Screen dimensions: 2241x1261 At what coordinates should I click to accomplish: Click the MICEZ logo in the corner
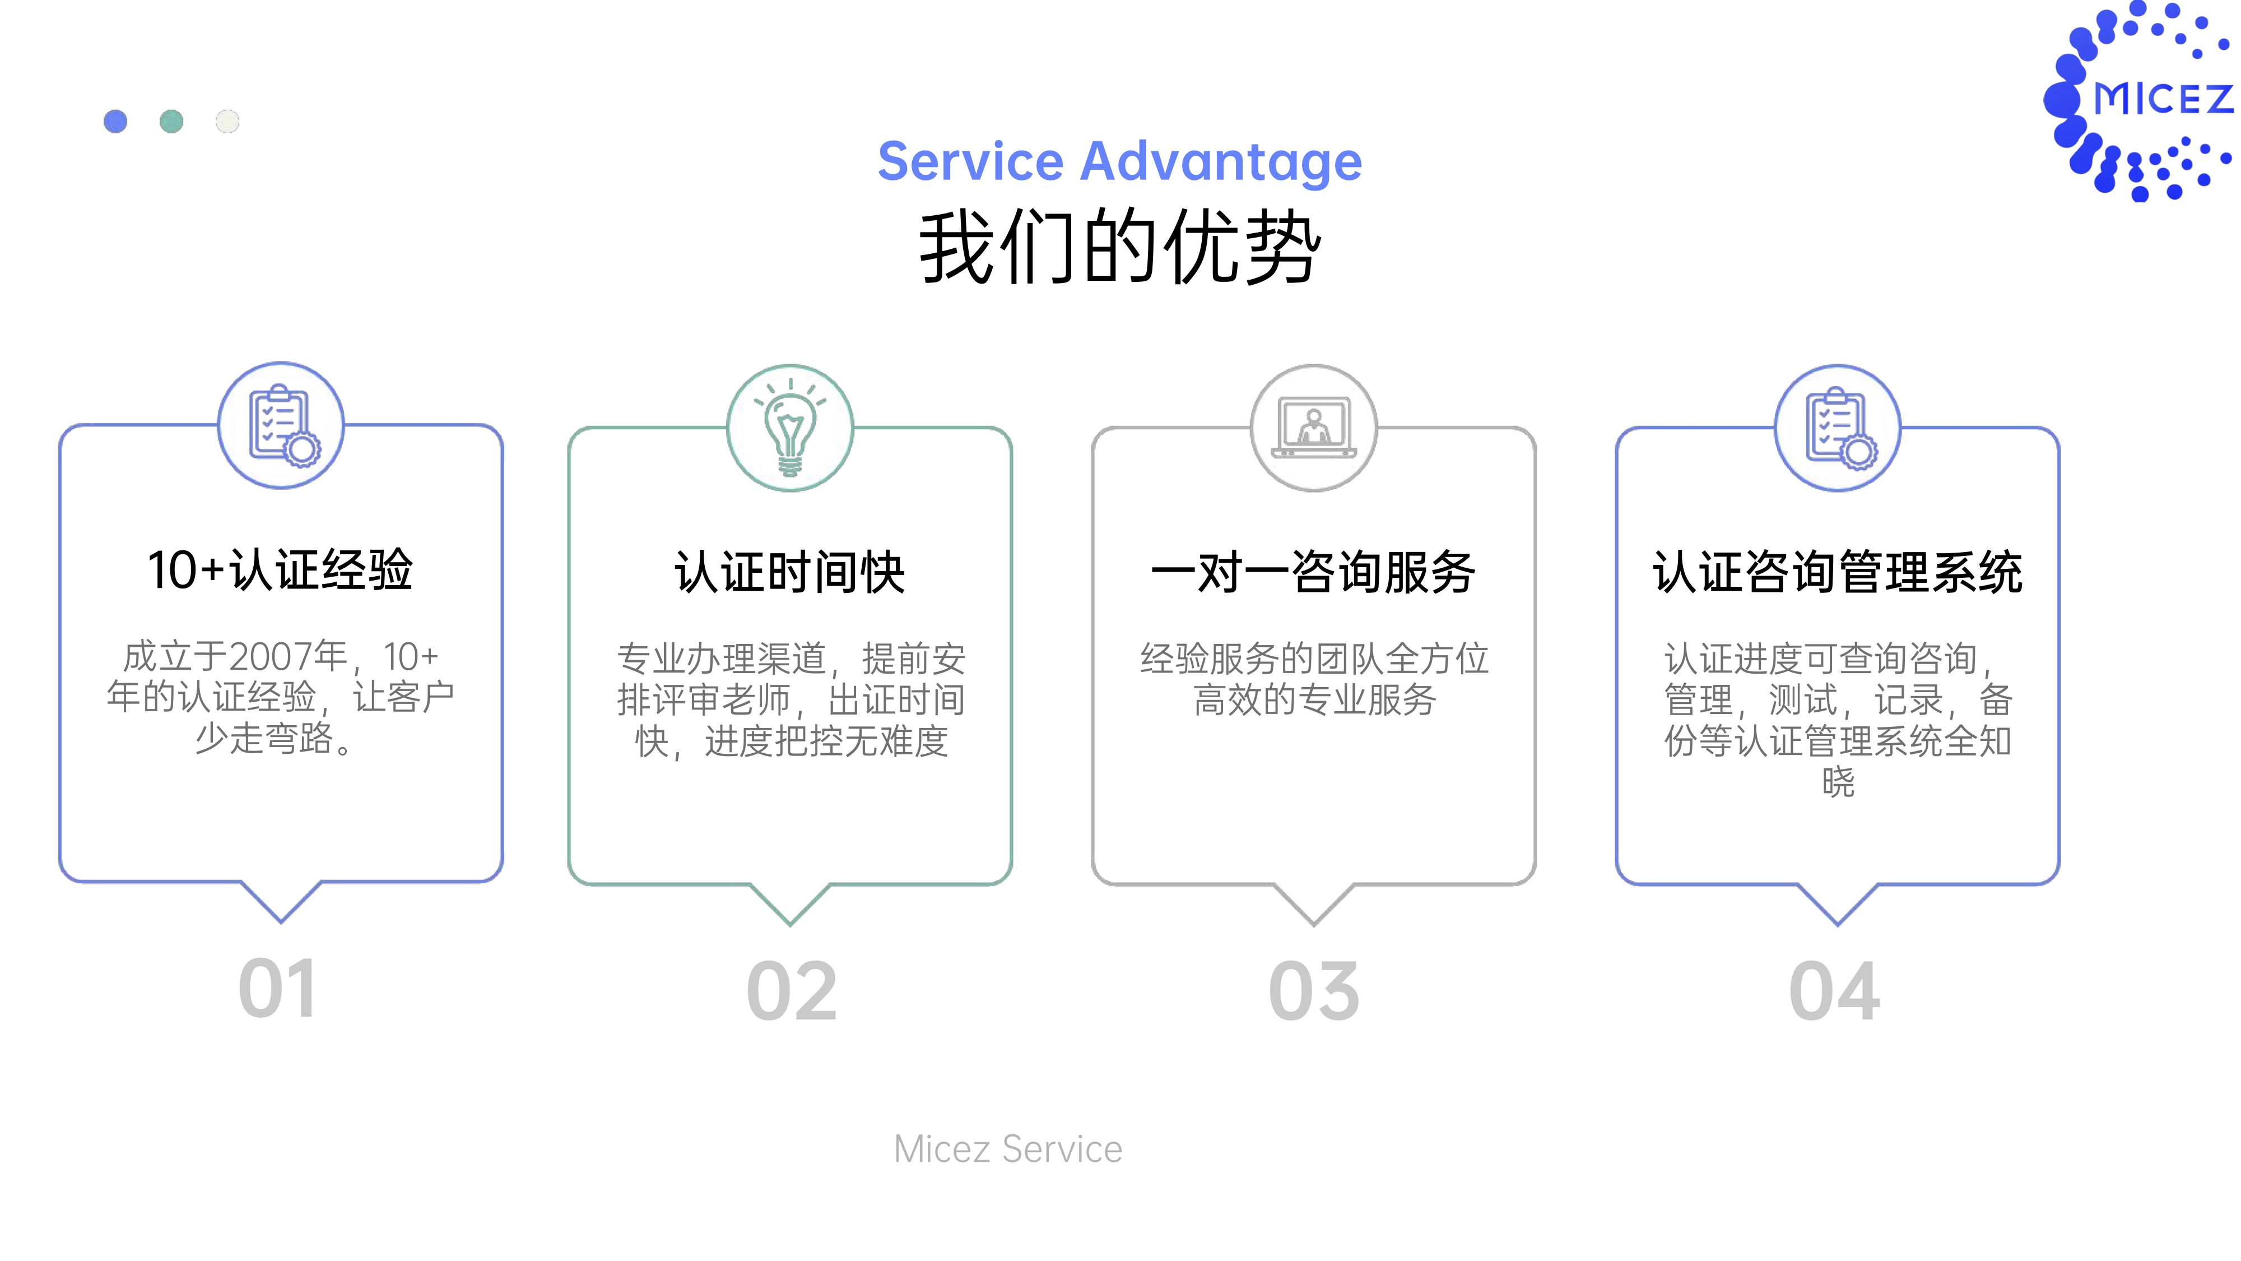point(2140,100)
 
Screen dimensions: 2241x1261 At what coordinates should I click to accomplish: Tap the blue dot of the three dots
point(116,121)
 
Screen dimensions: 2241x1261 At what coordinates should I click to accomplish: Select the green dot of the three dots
point(171,121)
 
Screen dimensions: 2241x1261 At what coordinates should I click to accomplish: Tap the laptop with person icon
point(1314,427)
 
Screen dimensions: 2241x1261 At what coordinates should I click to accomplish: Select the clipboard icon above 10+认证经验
point(283,425)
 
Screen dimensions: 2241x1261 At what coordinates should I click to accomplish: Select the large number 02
point(792,991)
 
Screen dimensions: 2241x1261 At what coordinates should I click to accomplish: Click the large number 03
point(1314,991)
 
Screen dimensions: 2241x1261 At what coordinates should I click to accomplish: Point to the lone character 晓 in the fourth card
point(1838,781)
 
